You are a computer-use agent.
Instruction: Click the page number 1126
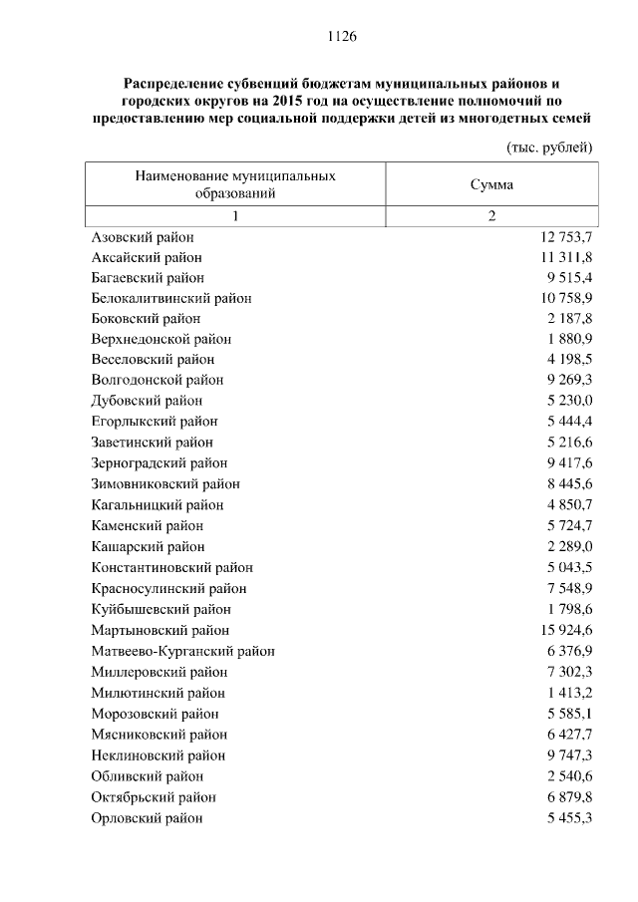pyautogui.click(x=341, y=37)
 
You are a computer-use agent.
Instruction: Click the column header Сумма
pyautogui.click(x=491, y=184)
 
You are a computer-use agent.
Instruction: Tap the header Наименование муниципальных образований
pyautogui.click(x=235, y=184)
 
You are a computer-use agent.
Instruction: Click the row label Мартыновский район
pyautogui.click(x=159, y=630)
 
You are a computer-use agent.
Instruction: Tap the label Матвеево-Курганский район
pyautogui.click(x=182, y=651)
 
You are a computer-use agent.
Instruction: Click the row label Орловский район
pyautogui.click(x=147, y=817)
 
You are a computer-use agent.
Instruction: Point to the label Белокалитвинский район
pyautogui.click(x=170, y=298)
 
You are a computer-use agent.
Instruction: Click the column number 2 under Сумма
pyautogui.click(x=491, y=217)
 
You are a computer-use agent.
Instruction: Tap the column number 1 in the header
pyautogui.click(x=235, y=217)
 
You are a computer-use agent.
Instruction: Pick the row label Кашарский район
pyautogui.click(x=148, y=546)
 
